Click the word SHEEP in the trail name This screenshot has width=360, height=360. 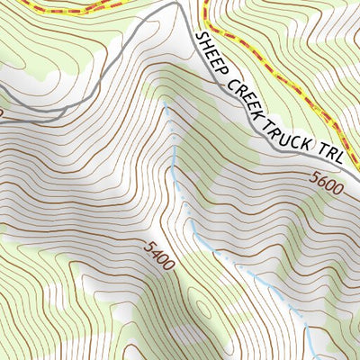coord(211,54)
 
